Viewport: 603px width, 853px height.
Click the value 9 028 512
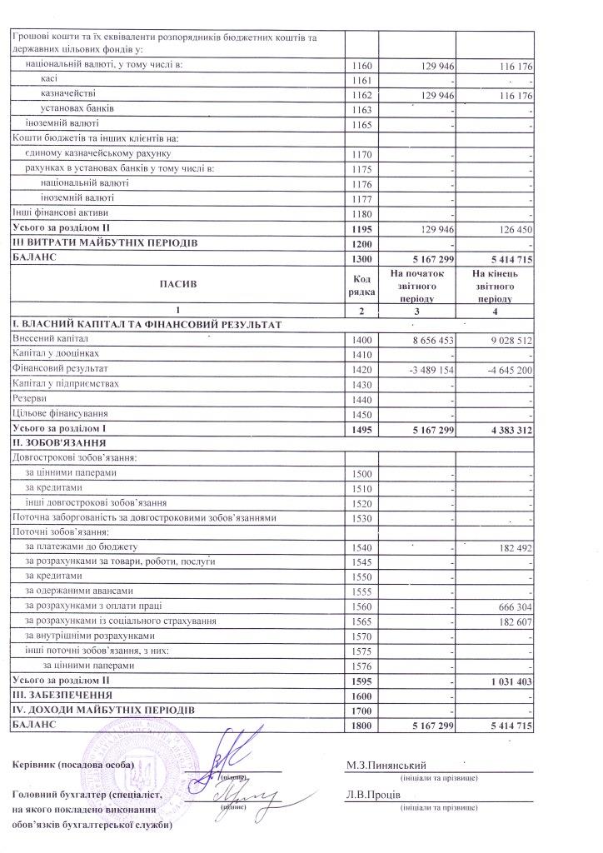point(509,339)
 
